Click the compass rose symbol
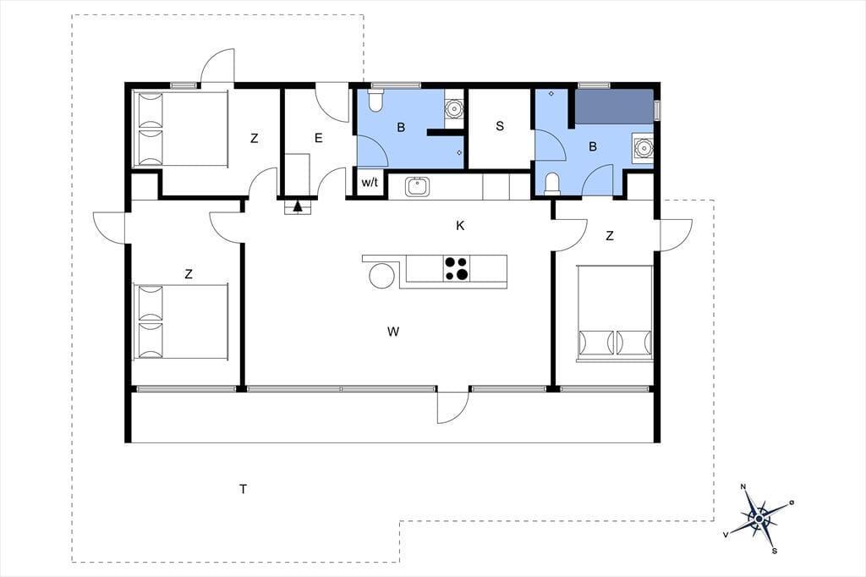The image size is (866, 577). coord(759,518)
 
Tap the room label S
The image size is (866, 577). coord(500,126)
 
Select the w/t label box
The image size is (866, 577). coord(370,182)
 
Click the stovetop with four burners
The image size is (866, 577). coord(457,269)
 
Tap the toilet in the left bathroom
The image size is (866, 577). coord(375,101)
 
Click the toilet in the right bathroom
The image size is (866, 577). coord(551,184)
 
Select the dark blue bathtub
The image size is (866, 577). coord(614,106)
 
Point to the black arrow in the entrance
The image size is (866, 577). coord(298,206)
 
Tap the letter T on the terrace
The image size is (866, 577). coord(243,488)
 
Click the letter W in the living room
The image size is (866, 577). coord(393,332)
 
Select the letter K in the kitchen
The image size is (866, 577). coord(460,226)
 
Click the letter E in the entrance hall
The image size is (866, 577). coord(318,138)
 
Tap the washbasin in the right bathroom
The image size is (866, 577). coord(643,148)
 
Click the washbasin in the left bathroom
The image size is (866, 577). coord(454,108)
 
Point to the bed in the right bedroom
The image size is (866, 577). coord(614,313)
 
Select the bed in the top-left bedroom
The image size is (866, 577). coord(181,129)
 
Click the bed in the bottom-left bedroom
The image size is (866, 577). coord(181,321)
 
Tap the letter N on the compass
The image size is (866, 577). coord(743,486)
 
